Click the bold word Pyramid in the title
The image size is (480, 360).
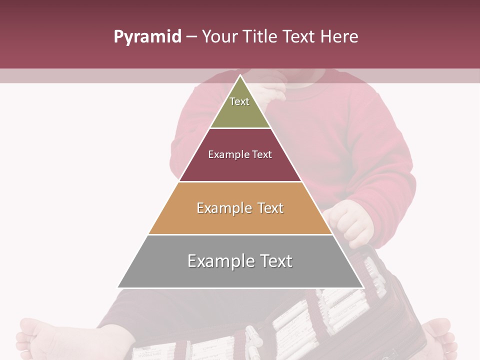click(147, 37)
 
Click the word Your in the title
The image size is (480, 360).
click(220, 37)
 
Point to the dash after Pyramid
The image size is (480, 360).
click(191, 37)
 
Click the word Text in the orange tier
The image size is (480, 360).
click(270, 208)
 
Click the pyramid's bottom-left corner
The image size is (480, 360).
click(118, 287)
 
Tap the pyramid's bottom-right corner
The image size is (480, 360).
click(362, 287)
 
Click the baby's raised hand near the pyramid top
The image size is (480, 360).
click(272, 92)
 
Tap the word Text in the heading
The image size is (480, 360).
click(298, 37)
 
